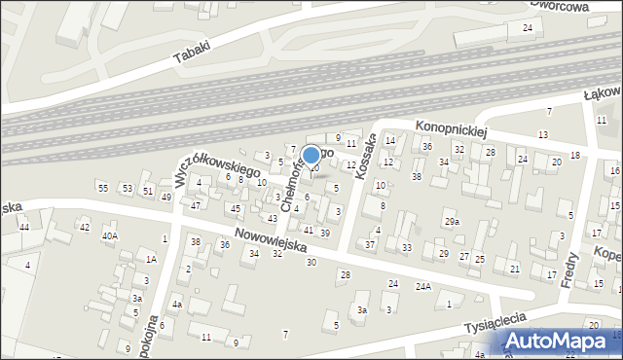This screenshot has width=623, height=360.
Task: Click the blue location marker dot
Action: [311, 155]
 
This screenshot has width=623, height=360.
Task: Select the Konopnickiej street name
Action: [450, 127]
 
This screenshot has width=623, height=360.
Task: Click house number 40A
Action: [110, 235]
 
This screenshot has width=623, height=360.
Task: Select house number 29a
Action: [453, 223]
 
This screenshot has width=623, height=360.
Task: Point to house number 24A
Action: [423, 286]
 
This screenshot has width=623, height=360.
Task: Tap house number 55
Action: [102, 187]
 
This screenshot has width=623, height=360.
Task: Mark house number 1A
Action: [151, 259]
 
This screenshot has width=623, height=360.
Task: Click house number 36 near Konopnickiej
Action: [426, 147]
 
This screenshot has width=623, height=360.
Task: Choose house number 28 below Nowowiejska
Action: [345, 275]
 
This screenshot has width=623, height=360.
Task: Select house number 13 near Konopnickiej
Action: [543, 134]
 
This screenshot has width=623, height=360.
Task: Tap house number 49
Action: [166, 198]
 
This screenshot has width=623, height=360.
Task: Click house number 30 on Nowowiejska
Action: [311, 263]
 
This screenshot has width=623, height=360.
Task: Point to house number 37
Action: [370, 244]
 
